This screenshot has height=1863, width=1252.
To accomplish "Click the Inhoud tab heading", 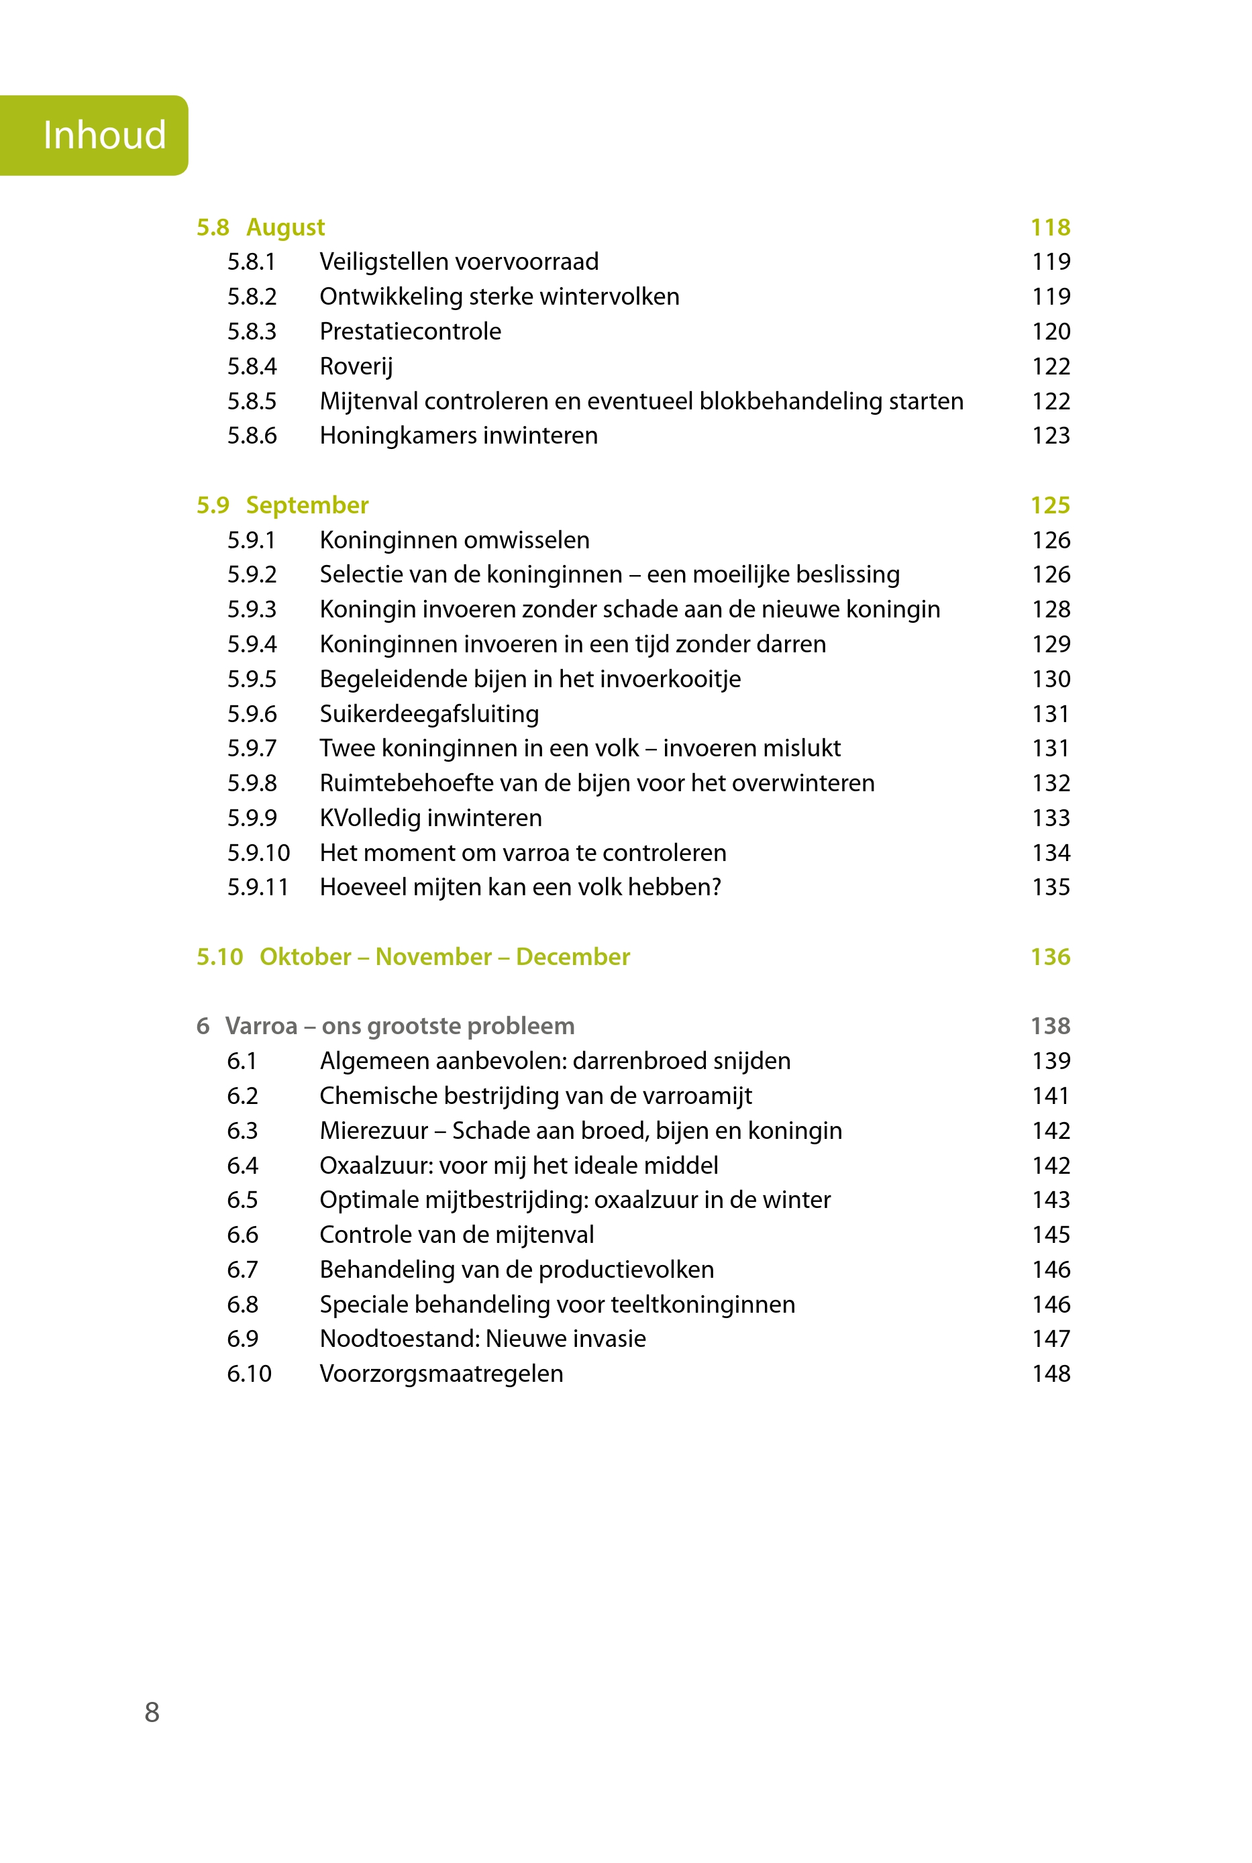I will coord(105,135).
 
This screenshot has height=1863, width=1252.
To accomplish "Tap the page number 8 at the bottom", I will coord(152,1712).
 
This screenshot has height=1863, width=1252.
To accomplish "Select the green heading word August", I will coord(285,228).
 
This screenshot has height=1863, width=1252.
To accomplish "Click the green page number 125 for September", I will coord(1050,505).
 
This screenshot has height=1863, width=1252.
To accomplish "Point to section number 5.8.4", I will coord(252,366).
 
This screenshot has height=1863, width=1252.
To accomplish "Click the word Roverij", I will coord(356,366).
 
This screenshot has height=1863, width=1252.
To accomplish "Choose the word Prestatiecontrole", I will coord(411,332).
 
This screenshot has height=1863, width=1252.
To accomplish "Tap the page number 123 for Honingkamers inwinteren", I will coord(1051,436).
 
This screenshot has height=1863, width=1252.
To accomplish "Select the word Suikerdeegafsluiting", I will coord(429,714).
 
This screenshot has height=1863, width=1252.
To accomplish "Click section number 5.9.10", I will coord(258,853).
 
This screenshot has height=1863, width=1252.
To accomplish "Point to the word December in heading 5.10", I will coord(572,956).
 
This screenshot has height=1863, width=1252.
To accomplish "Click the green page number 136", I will coord(1050,956).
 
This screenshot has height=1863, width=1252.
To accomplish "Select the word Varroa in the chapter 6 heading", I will coord(261,1026).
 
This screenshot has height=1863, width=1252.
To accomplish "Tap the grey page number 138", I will coord(1050,1026).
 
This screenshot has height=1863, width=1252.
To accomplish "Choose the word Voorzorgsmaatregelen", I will coord(441,1374).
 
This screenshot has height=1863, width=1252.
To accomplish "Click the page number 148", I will coord(1051,1374).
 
